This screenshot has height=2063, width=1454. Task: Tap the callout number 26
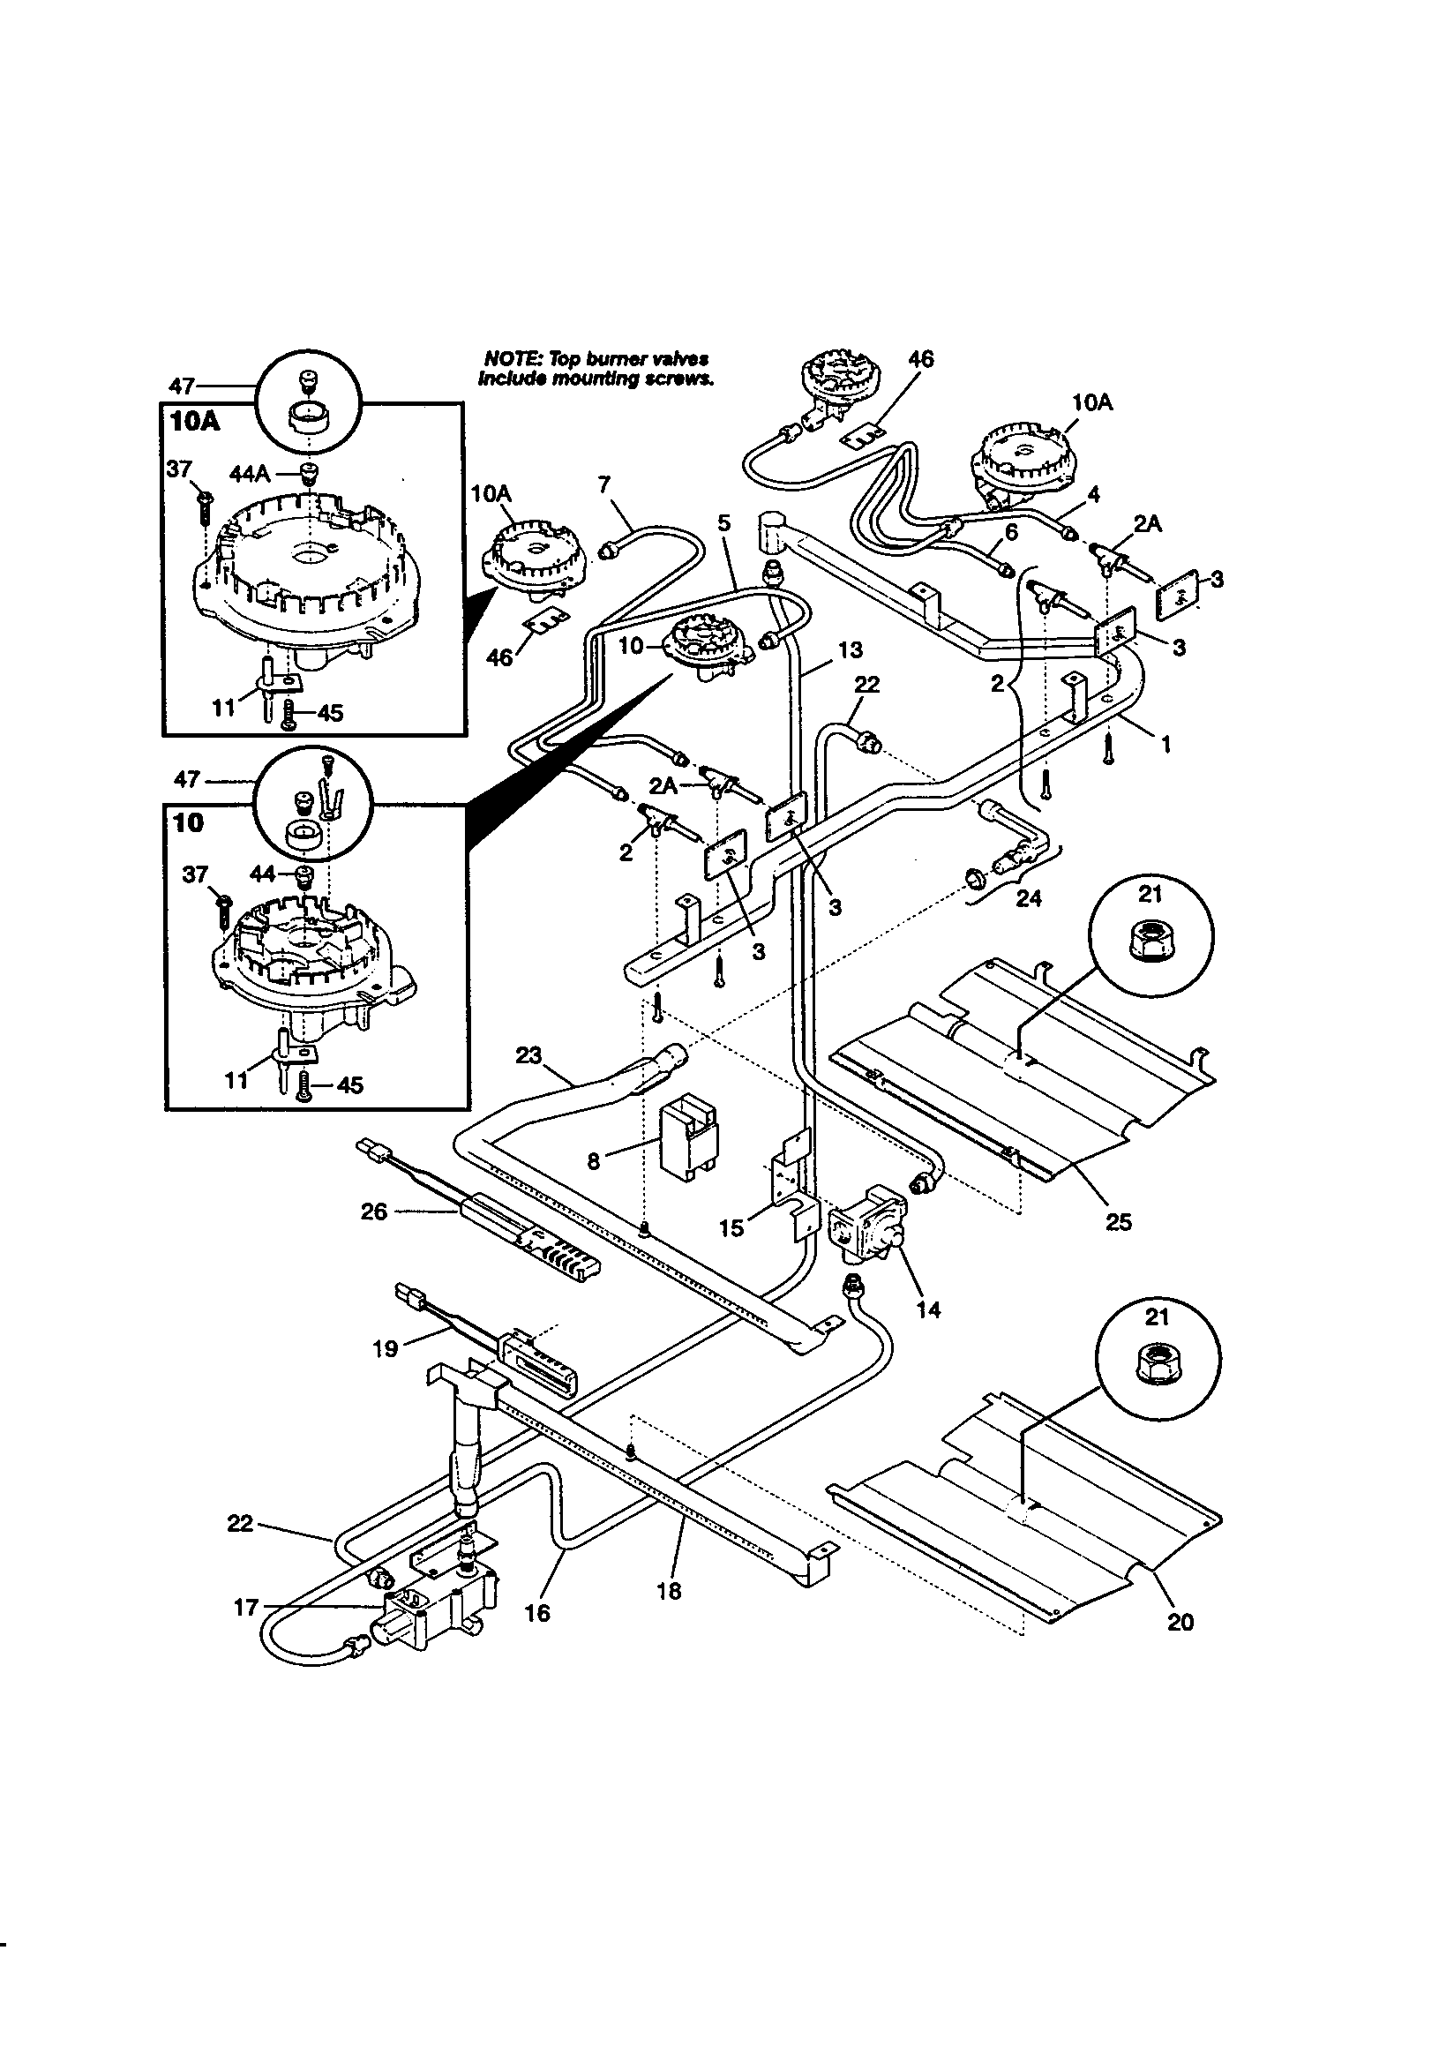(x=374, y=1212)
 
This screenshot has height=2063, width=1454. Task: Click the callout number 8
(x=593, y=1162)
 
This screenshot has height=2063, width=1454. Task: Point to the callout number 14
(x=928, y=1309)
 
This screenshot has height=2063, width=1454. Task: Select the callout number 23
(x=529, y=1055)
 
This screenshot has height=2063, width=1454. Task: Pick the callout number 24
(x=1028, y=897)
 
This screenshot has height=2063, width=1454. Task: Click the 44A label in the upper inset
(x=251, y=474)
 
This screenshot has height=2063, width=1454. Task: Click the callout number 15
(x=731, y=1227)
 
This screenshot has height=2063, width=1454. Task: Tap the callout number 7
(x=603, y=484)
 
